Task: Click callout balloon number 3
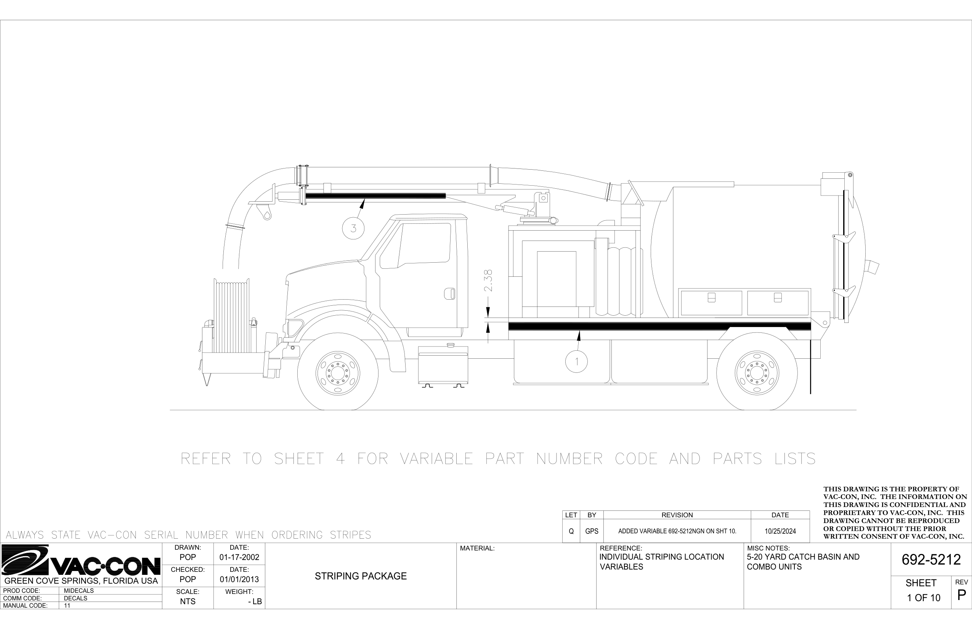(x=353, y=228)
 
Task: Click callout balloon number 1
(x=576, y=361)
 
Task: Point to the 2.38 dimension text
(x=488, y=280)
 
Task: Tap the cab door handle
(x=450, y=294)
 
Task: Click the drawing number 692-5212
(x=931, y=560)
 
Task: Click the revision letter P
(x=961, y=595)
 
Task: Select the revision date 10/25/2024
(x=780, y=531)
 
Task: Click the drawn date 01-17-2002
(x=239, y=557)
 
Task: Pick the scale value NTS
(x=188, y=602)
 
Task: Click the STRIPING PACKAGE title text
(x=361, y=576)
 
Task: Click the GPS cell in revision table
(x=591, y=531)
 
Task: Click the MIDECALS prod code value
(x=79, y=590)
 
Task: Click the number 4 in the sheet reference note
(x=340, y=459)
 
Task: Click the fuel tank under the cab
(x=443, y=365)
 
